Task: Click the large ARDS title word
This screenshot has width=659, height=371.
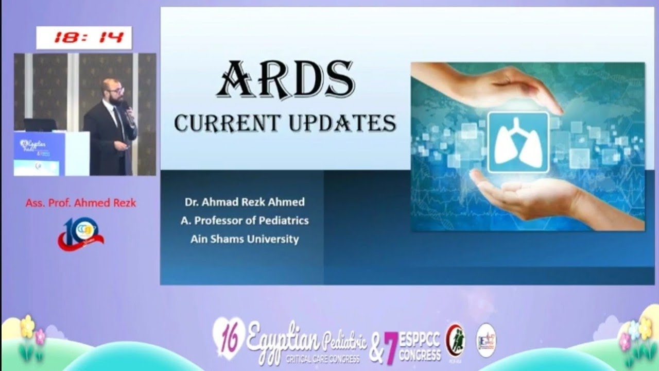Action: pos(286,80)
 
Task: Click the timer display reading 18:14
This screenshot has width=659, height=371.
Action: pos(84,38)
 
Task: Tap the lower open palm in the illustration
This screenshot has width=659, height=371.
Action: pos(535,198)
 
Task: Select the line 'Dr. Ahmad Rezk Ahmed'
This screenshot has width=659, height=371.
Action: pos(245,201)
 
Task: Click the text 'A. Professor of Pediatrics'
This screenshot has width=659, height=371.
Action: pos(245,220)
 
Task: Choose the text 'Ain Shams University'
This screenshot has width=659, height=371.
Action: pos(245,239)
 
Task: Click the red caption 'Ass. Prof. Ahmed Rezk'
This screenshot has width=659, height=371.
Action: pos(81,203)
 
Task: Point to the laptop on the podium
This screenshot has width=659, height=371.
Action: pos(40,125)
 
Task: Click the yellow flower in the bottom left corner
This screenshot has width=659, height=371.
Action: pos(27,326)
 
